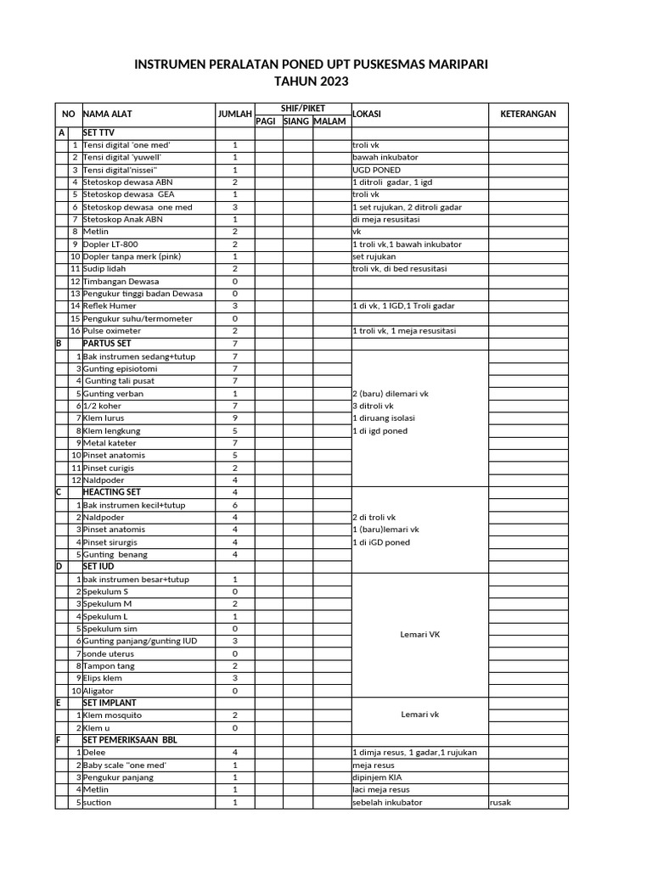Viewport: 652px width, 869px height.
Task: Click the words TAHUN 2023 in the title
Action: (x=312, y=81)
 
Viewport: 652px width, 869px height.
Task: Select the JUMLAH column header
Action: (x=234, y=114)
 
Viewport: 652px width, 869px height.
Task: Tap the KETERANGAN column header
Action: (x=527, y=114)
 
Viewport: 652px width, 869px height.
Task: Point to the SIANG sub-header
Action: (x=296, y=121)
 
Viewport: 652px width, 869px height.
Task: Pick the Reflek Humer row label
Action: (x=110, y=306)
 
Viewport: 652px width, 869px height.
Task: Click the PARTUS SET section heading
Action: (x=106, y=344)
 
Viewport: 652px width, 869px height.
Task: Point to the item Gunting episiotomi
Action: (x=120, y=369)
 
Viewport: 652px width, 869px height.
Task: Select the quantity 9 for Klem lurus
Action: (x=234, y=418)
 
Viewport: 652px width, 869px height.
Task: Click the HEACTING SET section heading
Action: (x=111, y=492)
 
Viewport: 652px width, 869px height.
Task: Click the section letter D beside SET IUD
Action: (x=59, y=566)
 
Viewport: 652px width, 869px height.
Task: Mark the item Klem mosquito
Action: (x=112, y=715)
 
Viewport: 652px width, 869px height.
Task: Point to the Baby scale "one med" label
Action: (x=125, y=765)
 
